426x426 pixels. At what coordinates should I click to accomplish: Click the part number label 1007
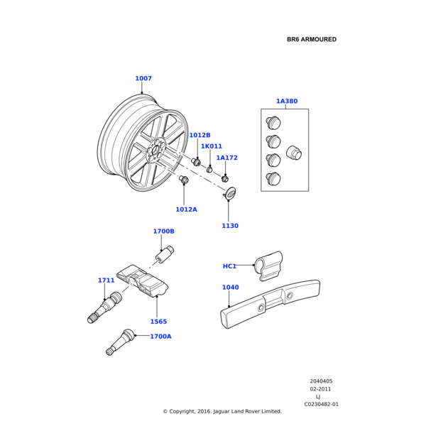143,79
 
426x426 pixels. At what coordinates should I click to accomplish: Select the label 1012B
200,135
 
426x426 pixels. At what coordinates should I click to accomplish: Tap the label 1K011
211,146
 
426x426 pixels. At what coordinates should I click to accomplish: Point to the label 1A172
226,158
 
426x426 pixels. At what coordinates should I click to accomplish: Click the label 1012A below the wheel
186,209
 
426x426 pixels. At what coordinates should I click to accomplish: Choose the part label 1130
229,226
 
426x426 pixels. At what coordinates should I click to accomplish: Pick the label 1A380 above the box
287,102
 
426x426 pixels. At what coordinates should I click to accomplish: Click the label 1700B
163,231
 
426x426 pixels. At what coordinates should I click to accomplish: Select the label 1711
106,280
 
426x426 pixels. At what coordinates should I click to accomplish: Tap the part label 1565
158,322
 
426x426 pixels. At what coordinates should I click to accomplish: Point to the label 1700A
160,337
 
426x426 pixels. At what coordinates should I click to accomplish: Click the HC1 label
229,266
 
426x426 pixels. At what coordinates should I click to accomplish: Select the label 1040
230,288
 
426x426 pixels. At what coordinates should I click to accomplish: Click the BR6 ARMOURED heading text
312,40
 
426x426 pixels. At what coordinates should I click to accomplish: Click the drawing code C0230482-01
322,404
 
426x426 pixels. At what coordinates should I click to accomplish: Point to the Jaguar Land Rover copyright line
222,411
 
